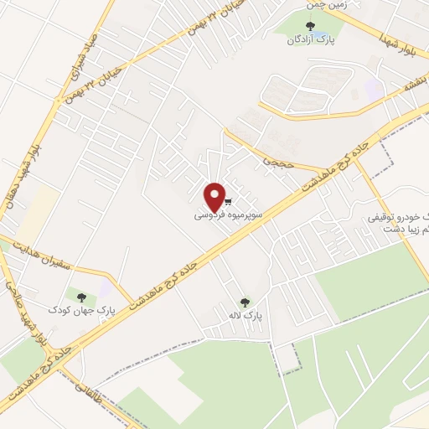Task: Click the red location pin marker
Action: pos(215,196)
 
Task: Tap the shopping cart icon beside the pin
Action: pos(228,202)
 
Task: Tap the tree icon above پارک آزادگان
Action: pos(312,25)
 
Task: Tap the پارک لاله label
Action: pos(246,317)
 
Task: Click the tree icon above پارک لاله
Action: pos(245,302)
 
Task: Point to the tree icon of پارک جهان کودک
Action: pos(81,296)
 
